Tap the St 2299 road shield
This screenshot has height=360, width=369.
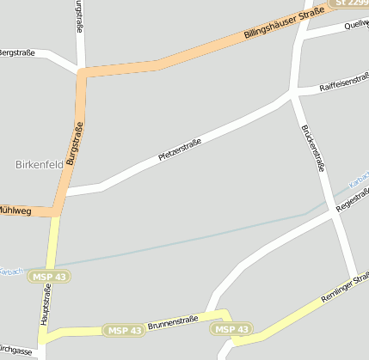pyautogui.click(x=350, y=4)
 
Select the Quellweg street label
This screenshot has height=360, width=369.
pyautogui.click(x=355, y=25)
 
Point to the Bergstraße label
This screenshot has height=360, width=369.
pyautogui.click(x=16, y=52)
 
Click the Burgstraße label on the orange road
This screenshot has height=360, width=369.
pyautogui.click(x=74, y=143)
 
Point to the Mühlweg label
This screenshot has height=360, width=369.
pyautogui.click(x=15, y=209)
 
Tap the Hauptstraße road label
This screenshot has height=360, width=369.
pyautogui.click(x=46, y=305)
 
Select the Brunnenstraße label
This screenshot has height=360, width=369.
pyautogui.click(x=173, y=323)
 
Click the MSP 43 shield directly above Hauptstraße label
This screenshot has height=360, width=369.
pyautogui.click(x=49, y=276)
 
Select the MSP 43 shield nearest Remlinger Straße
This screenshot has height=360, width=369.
pyautogui.click(x=232, y=329)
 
